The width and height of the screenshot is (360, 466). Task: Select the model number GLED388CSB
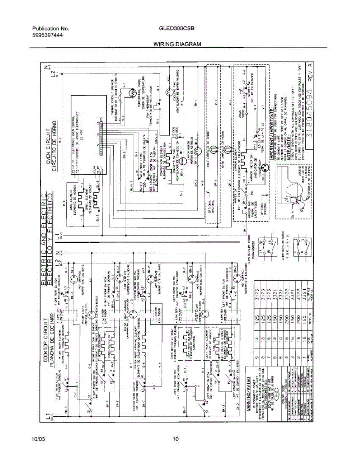[x=176, y=29]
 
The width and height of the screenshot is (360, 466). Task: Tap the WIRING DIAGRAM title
[x=177, y=44]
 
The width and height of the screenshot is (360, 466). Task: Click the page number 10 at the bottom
[x=176, y=439]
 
